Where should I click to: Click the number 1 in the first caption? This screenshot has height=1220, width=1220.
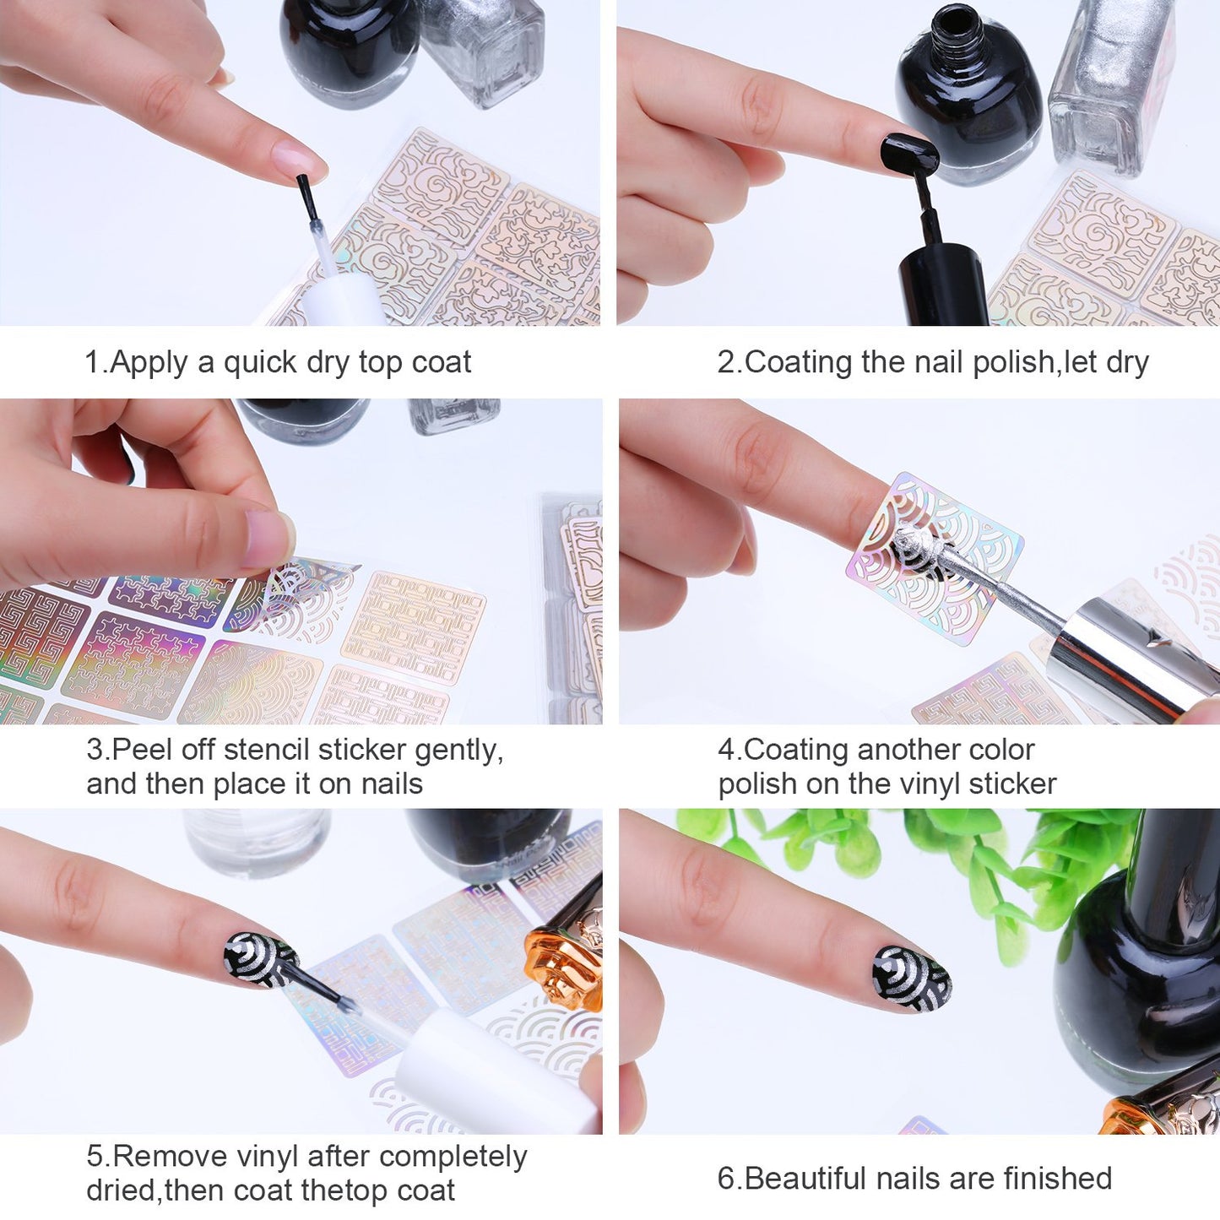pyautogui.click(x=91, y=362)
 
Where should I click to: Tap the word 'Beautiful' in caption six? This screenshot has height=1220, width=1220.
pyautogui.click(x=809, y=1178)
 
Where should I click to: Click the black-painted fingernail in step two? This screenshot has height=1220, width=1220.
pyautogui.click(x=908, y=152)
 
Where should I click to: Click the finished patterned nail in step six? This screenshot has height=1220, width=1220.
pyautogui.click(x=912, y=979)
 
